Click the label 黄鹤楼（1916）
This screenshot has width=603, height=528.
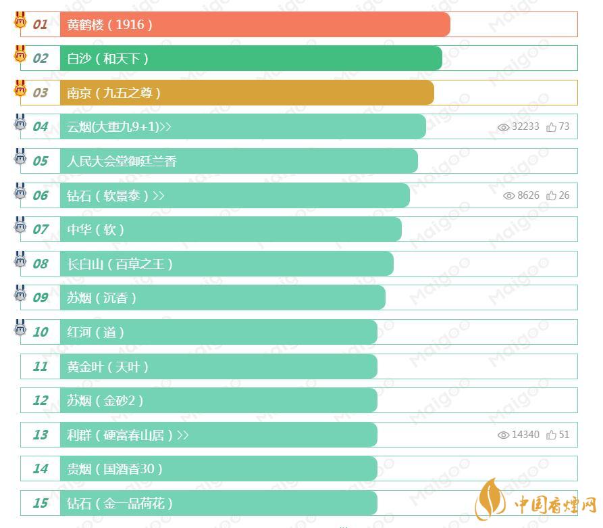point(110,24)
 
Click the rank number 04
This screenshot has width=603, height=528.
point(41,127)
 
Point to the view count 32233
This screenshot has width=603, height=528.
point(525,126)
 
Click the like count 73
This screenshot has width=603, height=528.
point(564,126)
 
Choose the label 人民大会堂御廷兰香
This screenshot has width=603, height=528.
point(122,162)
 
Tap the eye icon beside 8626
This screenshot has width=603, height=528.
point(509,195)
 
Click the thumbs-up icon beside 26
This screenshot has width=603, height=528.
point(552,195)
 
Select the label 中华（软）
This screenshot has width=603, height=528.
point(96,230)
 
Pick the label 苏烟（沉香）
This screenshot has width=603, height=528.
point(102,298)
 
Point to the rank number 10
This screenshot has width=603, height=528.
point(41,332)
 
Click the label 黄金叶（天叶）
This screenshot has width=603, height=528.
point(108,366)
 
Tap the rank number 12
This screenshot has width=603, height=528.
point(41,401)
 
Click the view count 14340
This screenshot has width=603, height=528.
point(525,435)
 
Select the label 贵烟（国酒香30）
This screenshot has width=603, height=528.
point(115,469)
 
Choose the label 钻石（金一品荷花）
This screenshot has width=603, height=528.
point(121,504)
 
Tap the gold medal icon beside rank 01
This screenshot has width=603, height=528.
point(20,20)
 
